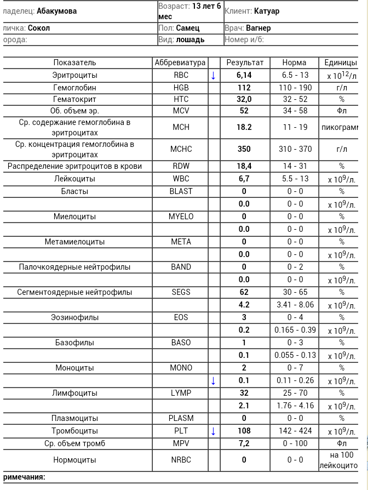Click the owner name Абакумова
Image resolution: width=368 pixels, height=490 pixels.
point(56,11)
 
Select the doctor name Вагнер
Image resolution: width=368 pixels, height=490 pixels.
point(258,28)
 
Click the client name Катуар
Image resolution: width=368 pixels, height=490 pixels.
point(267,11)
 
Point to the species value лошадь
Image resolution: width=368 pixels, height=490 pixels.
point(191,39)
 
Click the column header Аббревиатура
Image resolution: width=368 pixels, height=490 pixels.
point(180,62)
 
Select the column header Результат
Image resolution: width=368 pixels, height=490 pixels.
point(244,62)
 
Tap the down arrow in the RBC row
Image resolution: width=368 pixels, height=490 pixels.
point(214,76)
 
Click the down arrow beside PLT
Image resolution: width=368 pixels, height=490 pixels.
point(214,431)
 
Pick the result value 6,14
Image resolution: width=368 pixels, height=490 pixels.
point(244,75)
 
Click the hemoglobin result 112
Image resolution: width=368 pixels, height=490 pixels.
point(244,88)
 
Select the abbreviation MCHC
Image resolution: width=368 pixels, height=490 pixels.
point(181,149)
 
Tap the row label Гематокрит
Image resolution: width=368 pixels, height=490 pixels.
point(74,99)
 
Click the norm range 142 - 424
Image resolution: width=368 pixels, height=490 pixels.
point(295,431)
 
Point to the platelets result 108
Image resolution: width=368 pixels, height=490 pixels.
point(244,431)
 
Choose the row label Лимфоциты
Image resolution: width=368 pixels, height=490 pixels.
point(74,393)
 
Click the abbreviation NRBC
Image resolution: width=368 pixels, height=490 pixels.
point(181,460)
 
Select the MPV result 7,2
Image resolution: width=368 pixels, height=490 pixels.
point(244,443)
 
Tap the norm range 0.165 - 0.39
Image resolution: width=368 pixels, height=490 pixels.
point(295,330)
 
